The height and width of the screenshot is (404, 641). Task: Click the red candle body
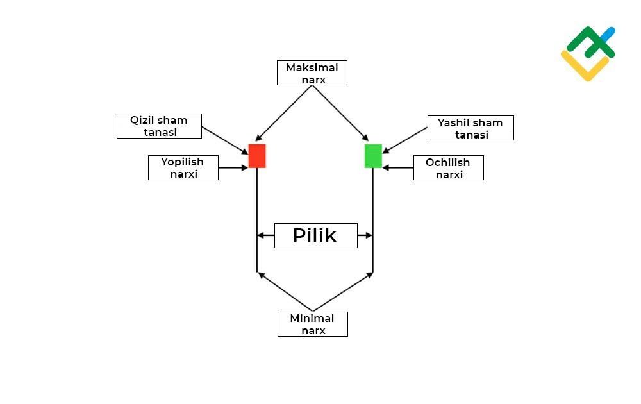click(257, 156)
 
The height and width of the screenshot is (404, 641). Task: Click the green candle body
click(373, 156)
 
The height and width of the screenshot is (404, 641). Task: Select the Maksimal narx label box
click(312, 72)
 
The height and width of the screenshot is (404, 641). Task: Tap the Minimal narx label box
click(312, 324)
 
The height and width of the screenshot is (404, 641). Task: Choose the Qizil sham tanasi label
click(159, 126)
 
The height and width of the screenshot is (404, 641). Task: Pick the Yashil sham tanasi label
click(470, 128)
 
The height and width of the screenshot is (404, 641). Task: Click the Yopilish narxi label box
click(183, 167)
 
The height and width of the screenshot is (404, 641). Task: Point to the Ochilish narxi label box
click(448, 167)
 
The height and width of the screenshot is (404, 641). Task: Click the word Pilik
click(315, 235)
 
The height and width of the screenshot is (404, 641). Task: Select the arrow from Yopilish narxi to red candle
click(233, 168)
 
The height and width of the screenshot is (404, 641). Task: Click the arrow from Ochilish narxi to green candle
click(398, 168)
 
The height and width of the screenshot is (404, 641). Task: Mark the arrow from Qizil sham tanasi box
click(224, 140)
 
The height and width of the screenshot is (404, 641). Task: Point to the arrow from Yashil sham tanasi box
click(405, 140)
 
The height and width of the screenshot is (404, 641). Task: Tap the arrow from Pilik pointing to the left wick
click(265, 235)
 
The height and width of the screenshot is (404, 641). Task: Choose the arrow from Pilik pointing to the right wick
click(365, 235)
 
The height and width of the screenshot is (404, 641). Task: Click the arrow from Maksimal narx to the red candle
click(283, 112)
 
